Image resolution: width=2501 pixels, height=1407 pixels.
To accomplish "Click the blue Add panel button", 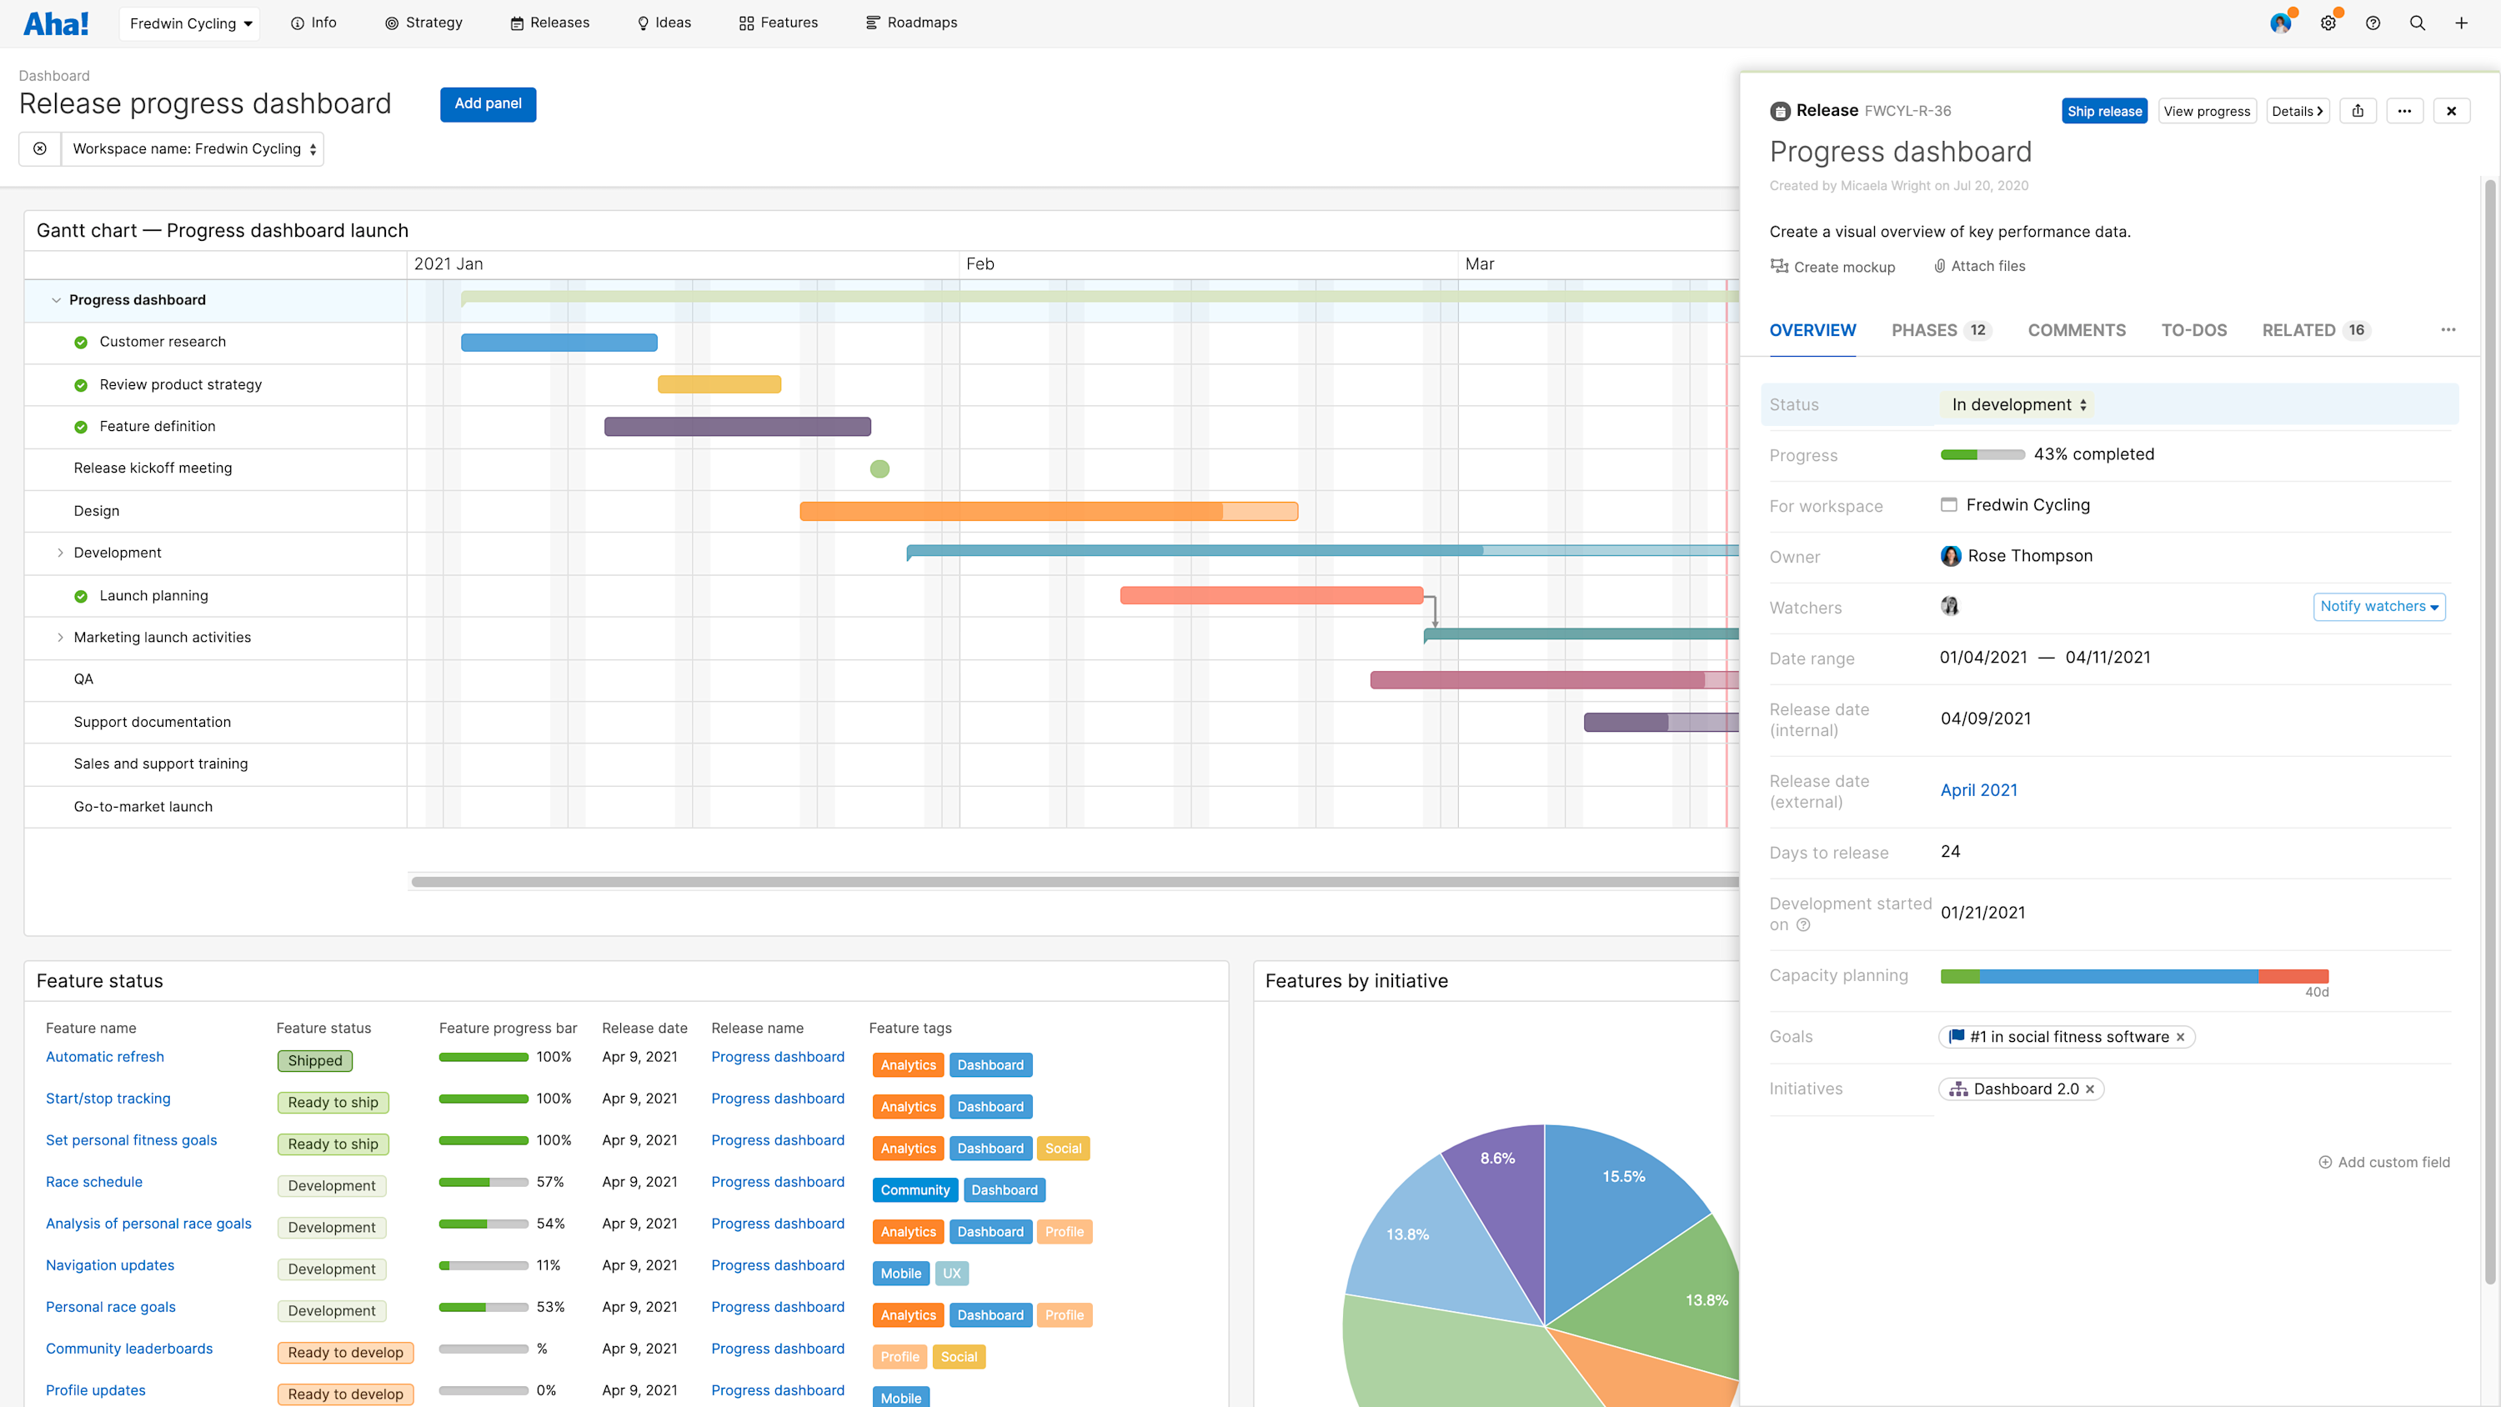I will coord(488,104).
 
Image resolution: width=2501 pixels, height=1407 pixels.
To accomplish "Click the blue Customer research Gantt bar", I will coord(559,343).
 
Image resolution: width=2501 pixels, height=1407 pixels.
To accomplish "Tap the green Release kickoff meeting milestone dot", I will coord(880,469).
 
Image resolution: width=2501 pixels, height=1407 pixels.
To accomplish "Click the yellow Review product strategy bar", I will coord(719,384).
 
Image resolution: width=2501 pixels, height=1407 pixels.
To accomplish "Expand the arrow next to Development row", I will coord(60,553).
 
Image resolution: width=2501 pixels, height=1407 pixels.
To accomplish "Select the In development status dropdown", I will coord(2017,405).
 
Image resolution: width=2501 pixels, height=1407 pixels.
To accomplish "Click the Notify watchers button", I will coord(2378,607).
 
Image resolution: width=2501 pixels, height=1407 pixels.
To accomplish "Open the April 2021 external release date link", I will coord(1977,790).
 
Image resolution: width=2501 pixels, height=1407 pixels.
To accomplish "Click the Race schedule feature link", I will coord(94,1182).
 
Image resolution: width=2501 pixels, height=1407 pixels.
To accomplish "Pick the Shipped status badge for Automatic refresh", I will coord(314,1060).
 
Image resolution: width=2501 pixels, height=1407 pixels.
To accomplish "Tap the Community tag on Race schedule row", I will coord(915,1190).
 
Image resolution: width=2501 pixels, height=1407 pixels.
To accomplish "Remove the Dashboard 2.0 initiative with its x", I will coord(2089,1089).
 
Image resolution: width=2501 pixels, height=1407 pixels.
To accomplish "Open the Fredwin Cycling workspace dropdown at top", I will coord(190,23).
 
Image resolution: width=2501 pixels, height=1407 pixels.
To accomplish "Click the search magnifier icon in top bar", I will coord(2417,23).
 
